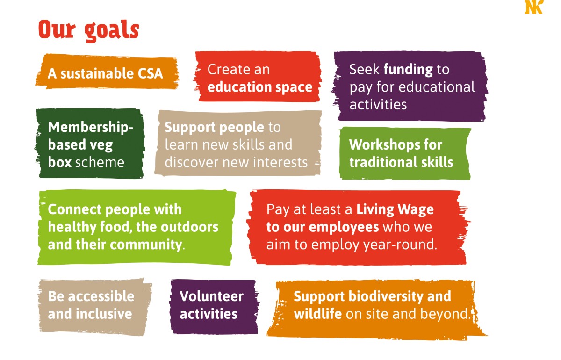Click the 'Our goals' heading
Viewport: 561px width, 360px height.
[89, 30]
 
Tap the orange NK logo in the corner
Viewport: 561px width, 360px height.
[534, 7]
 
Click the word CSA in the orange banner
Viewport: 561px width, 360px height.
[150, 74]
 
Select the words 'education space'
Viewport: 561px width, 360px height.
[260, 87]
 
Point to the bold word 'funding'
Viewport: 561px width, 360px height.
[408, 69]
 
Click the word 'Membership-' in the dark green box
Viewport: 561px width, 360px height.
[90, 128]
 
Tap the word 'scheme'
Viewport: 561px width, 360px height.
[100, 162]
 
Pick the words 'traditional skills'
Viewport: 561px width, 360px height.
[401, 162]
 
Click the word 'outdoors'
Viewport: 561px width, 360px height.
[189, 227]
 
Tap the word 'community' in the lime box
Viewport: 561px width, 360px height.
[146, 245]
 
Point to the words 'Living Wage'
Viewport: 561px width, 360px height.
[395, 209]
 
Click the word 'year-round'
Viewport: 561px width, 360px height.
[398, 245]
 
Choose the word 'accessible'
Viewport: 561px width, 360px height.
[101, 296]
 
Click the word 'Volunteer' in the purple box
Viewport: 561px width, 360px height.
[211, 296]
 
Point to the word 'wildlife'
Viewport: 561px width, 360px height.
[317, 314]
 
